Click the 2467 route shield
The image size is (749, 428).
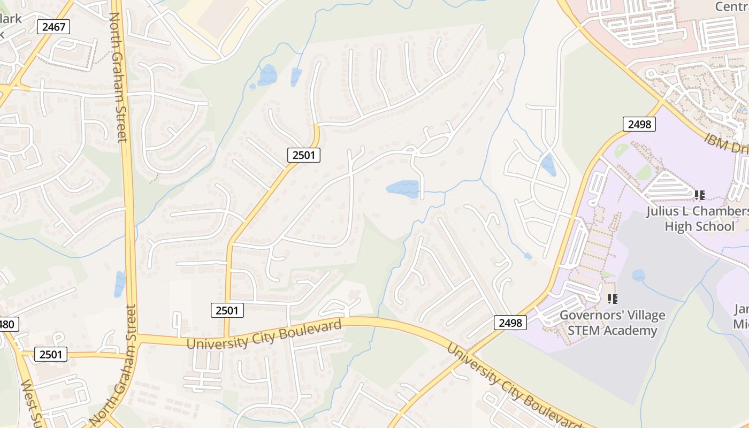[53, 27]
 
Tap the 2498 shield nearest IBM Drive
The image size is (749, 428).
[639, 124]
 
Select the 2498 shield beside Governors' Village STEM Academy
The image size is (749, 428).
[510, 322]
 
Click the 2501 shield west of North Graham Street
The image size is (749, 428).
[51, 354]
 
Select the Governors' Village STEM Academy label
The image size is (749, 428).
[612, 323]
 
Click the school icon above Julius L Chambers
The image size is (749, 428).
[699, 195]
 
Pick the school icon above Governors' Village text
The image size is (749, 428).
[613, 299]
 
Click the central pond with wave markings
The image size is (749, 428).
[403, 189]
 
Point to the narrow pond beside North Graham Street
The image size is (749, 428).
[119, 284]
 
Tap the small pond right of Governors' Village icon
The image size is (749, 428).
[638, 276]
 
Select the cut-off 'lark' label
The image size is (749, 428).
[11, 19]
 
